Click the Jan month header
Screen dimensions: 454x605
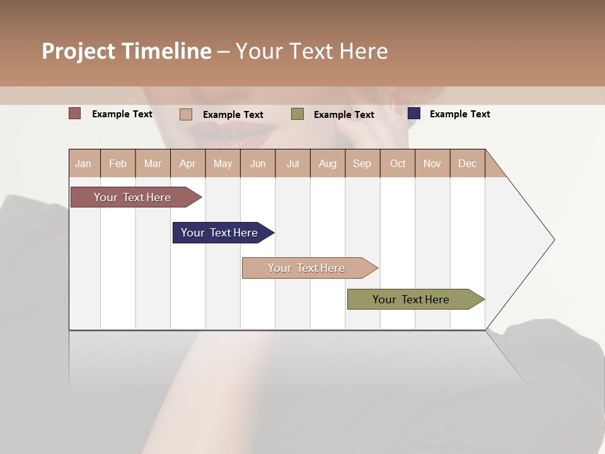coord(83,163)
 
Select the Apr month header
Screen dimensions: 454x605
coord(187,163)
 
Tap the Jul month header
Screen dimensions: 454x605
coord(292,163)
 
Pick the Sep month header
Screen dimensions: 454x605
coord(362,163)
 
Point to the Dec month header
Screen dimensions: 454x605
coord(467,163)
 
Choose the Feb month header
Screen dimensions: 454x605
coord(118,163)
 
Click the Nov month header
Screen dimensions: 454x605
coord(432,163)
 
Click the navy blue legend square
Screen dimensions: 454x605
coord(414,113)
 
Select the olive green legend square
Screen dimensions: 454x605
coord(297,114)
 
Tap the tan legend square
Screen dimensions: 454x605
coord(186,114)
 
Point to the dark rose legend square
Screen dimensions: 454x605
coord(75,113)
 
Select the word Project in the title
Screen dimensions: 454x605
coord(79,51)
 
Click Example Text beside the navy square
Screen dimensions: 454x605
coord(459,114)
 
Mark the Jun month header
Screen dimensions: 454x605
coord(258,163)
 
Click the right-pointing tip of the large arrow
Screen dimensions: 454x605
coord(553,240)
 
